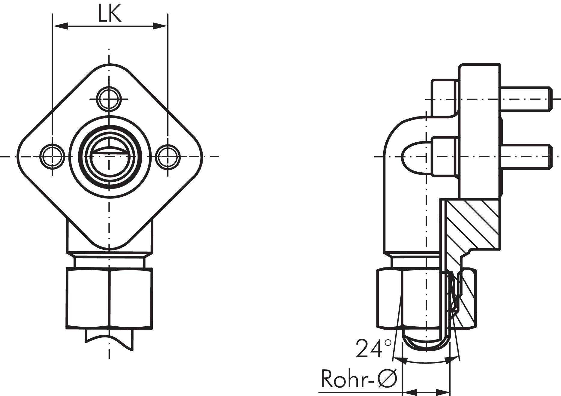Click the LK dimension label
click(110, 13)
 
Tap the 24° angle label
click(374, 348)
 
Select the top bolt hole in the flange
click(109, 99)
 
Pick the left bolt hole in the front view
click(53, 156)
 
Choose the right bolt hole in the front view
click(168, 156)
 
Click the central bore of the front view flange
click(109, 156)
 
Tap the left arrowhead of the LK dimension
click(60, 26)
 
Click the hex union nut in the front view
click(109, 298)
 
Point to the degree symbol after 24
click(388, 342)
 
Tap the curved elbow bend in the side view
click(399, 129)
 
